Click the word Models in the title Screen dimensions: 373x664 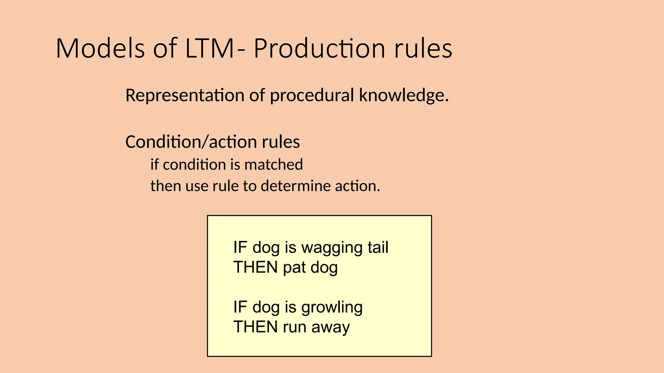pos(100,49)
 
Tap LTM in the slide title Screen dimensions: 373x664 pos(209,49)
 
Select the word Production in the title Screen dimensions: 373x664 pos(319,49)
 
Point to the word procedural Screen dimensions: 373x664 pos(312,96)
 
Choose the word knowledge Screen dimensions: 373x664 pos(404,96)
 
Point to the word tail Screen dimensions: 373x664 pos(378,247)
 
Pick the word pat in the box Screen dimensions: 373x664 pos(294,267)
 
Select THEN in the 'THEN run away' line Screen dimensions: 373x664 pos(255,327)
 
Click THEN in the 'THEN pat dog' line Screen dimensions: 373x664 pos(255,267)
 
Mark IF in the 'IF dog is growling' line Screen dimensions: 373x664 pos(240,307)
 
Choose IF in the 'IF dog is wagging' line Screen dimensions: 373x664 pos(240,247)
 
